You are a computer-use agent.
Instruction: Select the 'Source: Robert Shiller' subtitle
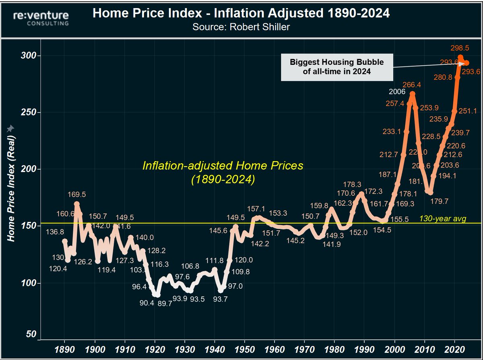241,27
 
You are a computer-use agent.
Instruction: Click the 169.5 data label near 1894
76,194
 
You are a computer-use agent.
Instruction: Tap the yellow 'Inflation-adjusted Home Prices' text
223,166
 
